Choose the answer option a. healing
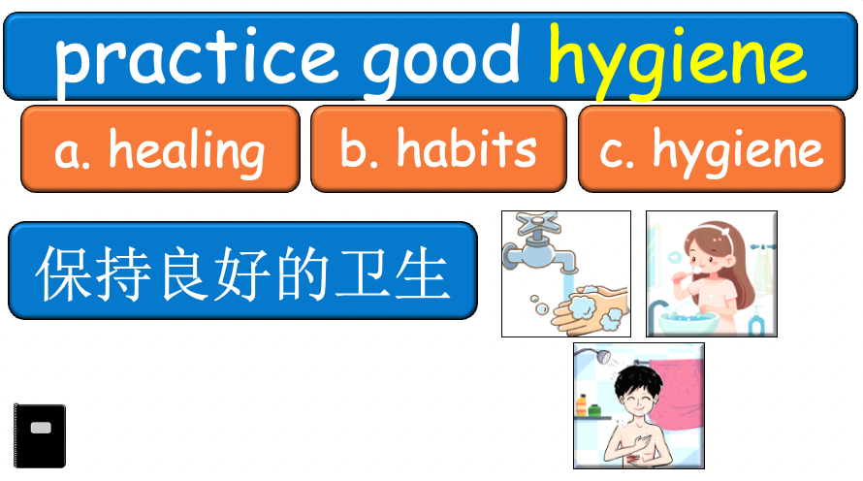point(160,149)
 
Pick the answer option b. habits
point(438,149)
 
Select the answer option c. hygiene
point(712,149)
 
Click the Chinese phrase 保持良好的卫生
point(242,272)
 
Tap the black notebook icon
point(40,435)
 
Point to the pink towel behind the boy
point(674,388)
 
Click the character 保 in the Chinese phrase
point(61,273)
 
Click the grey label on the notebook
point(41,428)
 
